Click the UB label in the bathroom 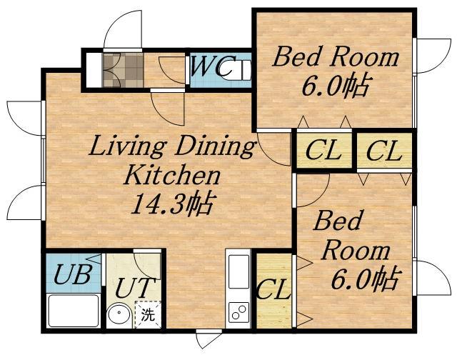pyautogui.click(x=72, y=274)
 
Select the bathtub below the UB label pyautogui.click(x=73, y=311)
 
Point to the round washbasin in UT pyautogui.click(x=119, y=314)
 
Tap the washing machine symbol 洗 pyautogui.click(x=148, y=314)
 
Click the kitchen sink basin pyautogui.click(x=238, y=271)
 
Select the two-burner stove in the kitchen pyautogui.click(x=238, y=312)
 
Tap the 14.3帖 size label pyautogui.click(x=174, y=204)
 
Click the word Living pyautogui.click(x=128, y=147)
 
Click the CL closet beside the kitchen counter pyautogui.click(x=274, y=290)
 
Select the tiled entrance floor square pyautogui.click(x=124, y=70)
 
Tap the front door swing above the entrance pyautogui.click(x=124, y=29)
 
